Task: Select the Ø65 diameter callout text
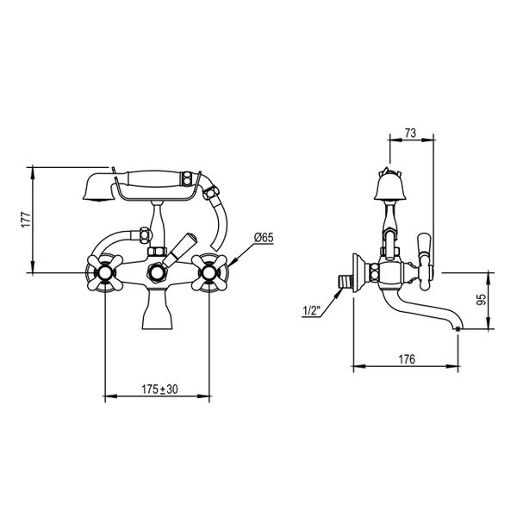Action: (263, 237)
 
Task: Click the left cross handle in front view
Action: (104, 274)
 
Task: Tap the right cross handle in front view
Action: (209, 274)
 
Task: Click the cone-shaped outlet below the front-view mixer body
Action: (156, 310)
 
